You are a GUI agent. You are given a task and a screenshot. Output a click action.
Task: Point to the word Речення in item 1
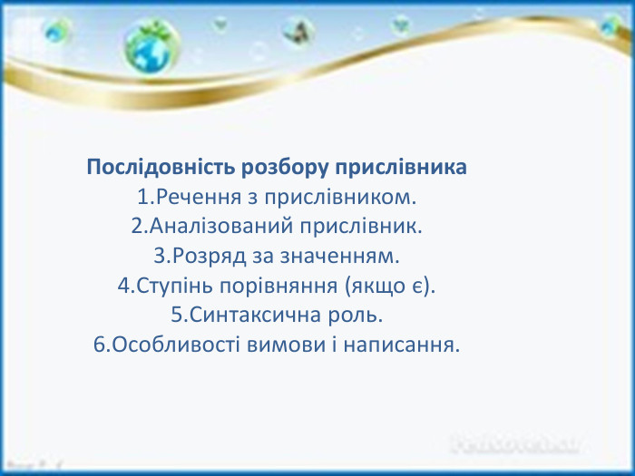[x=191, y=196]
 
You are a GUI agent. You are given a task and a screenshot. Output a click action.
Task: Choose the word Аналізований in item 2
[x=216, y=224]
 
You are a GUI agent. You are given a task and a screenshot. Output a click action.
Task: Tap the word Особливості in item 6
[x=168, y=346]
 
